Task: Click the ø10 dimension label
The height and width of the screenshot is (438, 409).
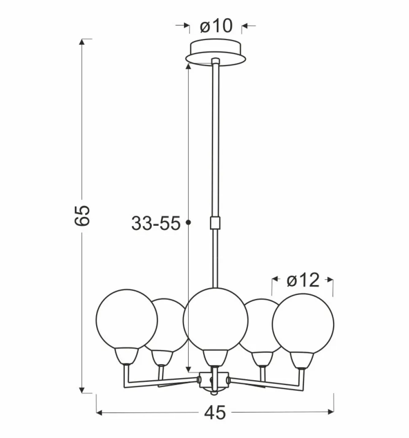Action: [x=216, y=26]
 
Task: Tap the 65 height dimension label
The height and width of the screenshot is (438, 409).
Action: [x=82, y=215]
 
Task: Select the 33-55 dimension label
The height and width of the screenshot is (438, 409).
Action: [x=156, y=223]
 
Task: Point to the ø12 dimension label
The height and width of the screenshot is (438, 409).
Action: [x=303, y=280]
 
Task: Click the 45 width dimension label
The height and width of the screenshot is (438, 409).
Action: [x=215, y=412]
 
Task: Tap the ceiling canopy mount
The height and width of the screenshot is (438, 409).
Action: [x=215, y=53]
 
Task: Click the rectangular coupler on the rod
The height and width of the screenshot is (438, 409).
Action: [x=215, y=223]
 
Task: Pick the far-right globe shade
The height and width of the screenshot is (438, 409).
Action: [x=303, y=324]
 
